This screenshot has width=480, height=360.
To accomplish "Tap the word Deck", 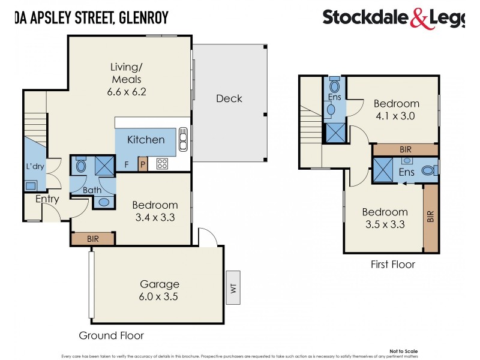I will (x=229, y=98).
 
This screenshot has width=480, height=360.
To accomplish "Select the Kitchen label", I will (x=146, y=139).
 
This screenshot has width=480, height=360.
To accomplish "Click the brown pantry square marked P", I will (x=143, y=164).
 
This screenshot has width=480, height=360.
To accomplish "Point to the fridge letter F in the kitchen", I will (x=126, y=164).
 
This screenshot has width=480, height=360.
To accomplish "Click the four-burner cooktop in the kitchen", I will (x=162, y=163).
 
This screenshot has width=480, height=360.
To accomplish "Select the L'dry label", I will (x=35, y=167).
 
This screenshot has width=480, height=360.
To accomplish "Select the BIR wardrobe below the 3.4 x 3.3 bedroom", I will (x=93, y=239).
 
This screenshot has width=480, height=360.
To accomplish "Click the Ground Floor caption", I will (x=111, y=335).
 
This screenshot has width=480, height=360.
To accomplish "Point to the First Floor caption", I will (x=392, y=264).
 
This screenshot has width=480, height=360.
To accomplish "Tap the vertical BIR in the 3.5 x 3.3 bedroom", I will (x=430, y=217).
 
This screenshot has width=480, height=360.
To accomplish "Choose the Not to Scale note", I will (x=403, y=352).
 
